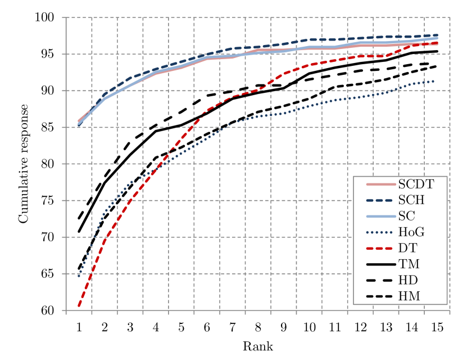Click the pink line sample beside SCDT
381,184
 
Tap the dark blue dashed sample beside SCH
381,200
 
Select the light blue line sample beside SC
381,217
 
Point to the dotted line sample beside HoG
381,232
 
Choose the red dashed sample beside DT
381,248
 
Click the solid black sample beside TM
381,264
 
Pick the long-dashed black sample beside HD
381,280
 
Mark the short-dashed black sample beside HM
381,296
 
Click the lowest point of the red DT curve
79,307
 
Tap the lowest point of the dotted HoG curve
79,276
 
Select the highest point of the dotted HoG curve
434,81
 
